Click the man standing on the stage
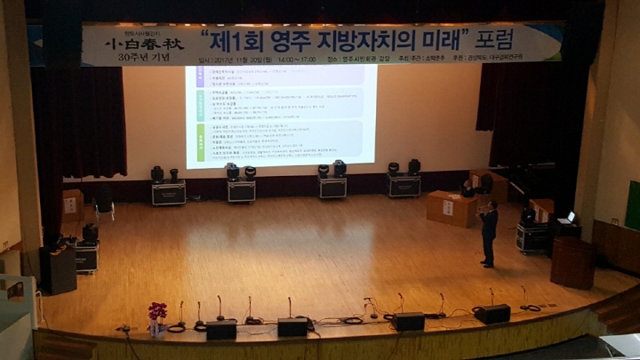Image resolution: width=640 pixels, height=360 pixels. pos(488,233)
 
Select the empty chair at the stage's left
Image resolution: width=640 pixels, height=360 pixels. pos(104,207)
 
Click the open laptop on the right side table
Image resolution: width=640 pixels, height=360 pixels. pos(569,217)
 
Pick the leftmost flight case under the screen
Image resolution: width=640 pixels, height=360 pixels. pos(168,193)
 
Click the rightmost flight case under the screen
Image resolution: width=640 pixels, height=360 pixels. pos(403,185)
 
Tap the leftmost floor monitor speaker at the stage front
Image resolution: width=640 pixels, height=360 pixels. pos(221,329)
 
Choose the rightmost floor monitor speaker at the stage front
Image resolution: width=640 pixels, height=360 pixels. pos(492,314)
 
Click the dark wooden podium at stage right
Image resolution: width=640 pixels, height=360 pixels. pos(572,261)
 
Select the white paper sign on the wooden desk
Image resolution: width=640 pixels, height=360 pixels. pos(448,207)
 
